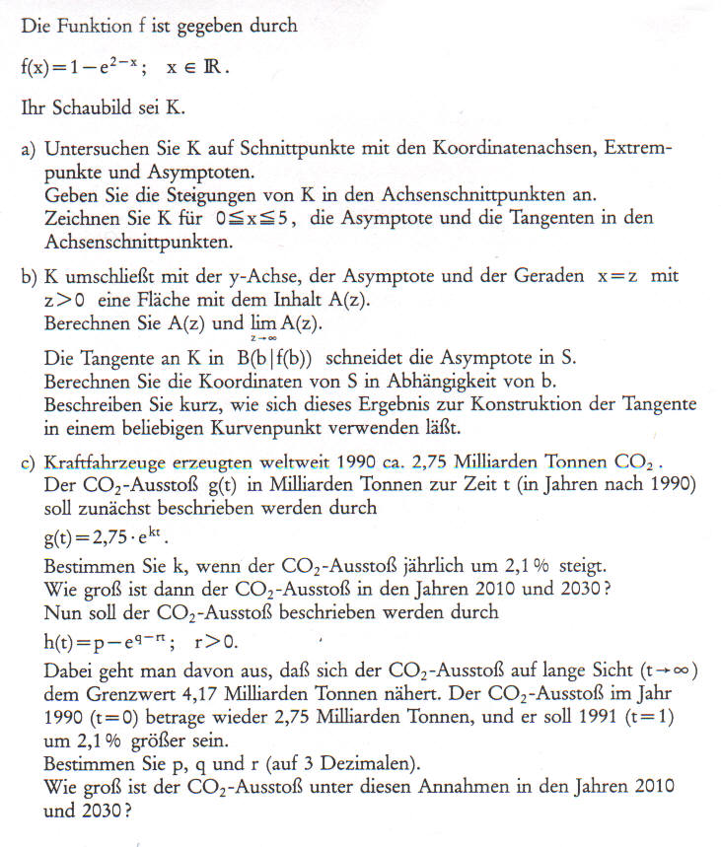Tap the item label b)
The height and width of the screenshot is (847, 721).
tap(30, 277)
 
